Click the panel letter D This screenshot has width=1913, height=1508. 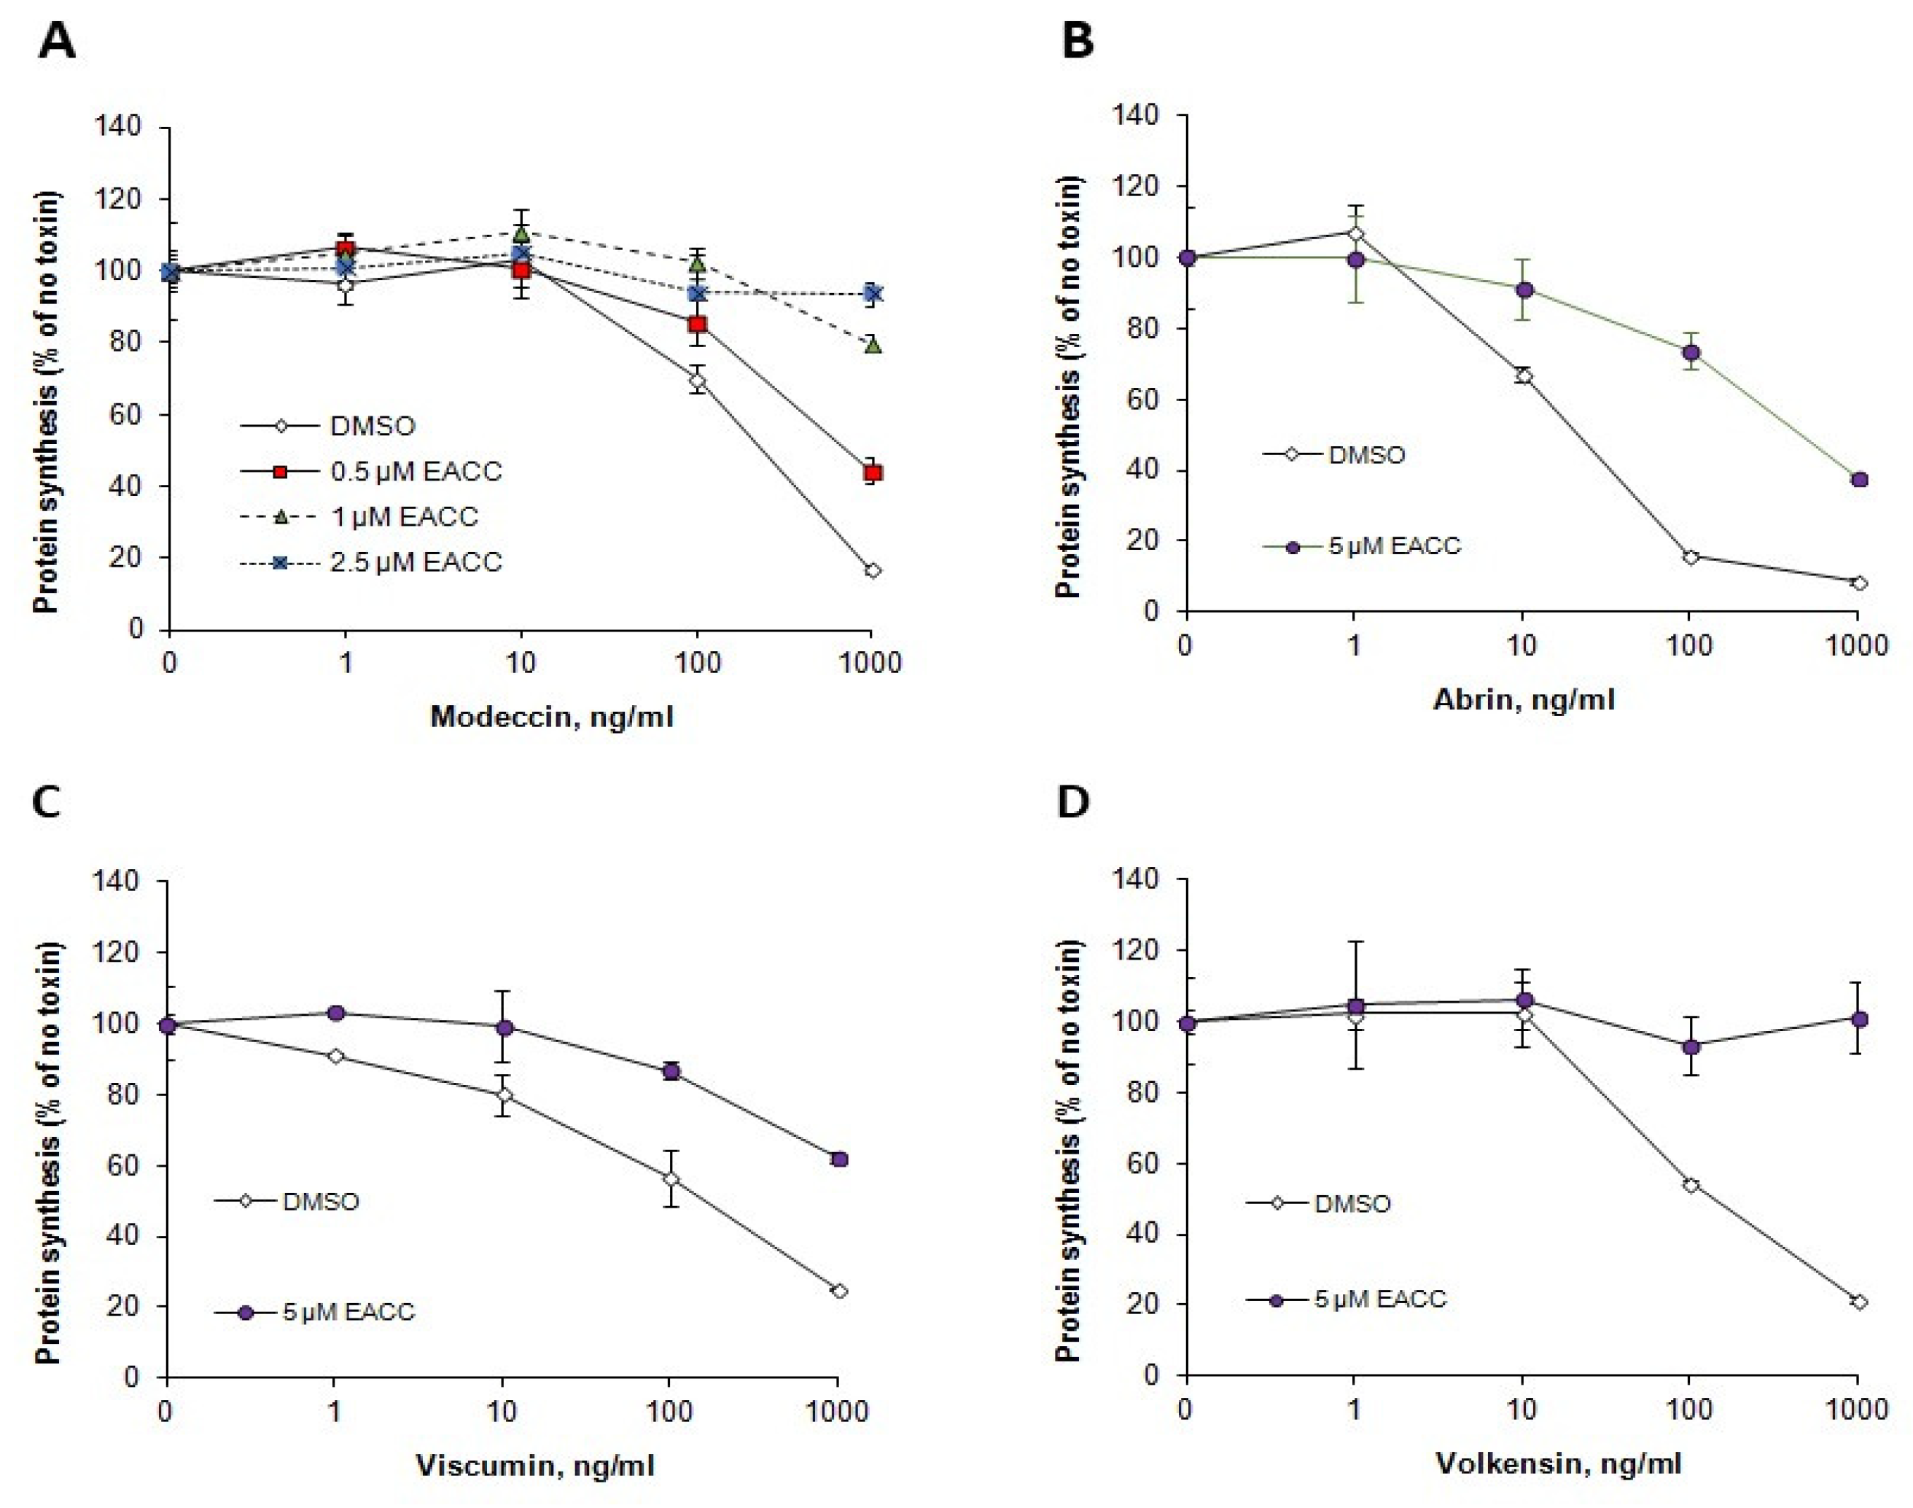pyautogui.click(x=1073, y=801)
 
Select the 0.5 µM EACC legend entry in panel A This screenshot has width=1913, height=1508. pyautogui.click(x=371, y=472)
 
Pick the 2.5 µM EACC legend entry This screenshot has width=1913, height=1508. pyautogui.click(x=371, y=562)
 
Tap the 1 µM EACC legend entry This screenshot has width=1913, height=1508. pyautogui.click(x=359, y=516)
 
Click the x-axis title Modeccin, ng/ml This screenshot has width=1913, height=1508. pyautogui.click(x=552, y=716)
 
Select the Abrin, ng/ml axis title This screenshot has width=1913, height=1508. pyautogui.click(x=1524, y=699)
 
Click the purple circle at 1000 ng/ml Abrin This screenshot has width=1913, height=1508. pyautogui.click(x=1859, y=479)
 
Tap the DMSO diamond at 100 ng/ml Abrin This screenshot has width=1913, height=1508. pyautogui.click(x=1691, y=556)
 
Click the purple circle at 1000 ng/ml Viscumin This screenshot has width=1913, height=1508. pyautogui.click(x=840, y=1159)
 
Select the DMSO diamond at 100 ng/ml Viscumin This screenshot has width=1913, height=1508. pyautogui.click(x=671, y=1178)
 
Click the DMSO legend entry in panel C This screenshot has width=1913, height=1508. pyautogui.click(x=288, y=1202)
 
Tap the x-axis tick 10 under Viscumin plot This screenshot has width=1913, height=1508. pyautogui.click(x=502, y=1410)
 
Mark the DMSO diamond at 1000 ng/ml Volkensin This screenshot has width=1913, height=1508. pyautogui.click(x=1859, y=1302)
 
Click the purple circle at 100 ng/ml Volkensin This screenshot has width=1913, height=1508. pyautogui.click(x=1691, y=1047)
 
